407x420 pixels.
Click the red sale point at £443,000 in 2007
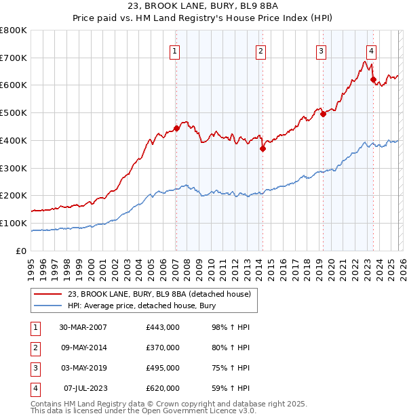click(x=176, y=128)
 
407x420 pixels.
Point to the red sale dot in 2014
click(x=263, y=148)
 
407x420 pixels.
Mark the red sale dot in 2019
click(x=323, y=114)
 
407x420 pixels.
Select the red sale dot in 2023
click(x=373, y=79)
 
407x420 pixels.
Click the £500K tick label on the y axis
click(x=14, y=113)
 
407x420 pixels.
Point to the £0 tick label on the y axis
click(x=22, y=251)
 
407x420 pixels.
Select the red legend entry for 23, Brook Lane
click(x=159, y=294)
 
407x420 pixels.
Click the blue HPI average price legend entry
click(x=141, y=306)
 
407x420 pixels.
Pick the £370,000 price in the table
click(x=162, y=348)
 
